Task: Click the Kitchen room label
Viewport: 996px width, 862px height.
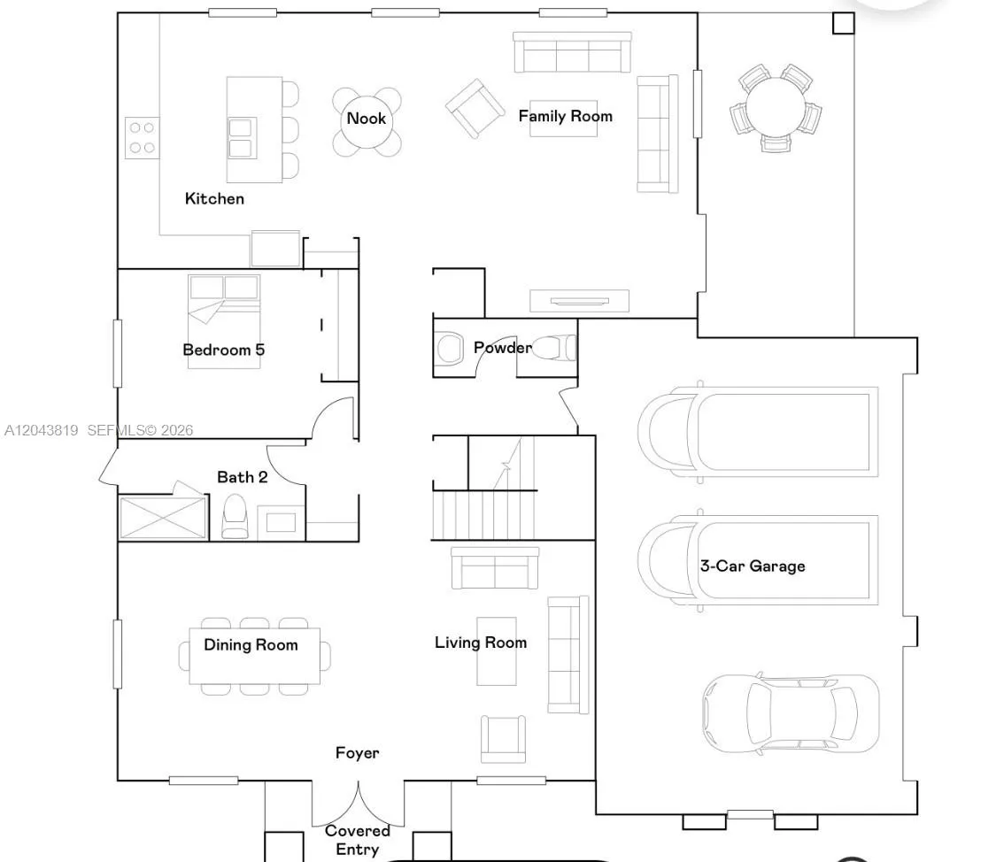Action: click(214, 198)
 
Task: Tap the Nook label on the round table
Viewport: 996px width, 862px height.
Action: click(367, 119)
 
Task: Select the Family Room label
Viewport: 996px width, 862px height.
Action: click(566, 116)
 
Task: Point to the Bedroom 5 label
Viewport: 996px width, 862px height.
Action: click(224, 350)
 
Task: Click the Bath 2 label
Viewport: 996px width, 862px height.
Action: click(242, 477)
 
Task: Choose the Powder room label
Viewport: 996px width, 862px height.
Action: click(503, 347)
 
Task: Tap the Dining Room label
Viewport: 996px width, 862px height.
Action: click(251, 645)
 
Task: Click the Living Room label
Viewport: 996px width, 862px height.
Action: click(481, 643)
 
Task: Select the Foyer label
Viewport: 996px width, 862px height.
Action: click(357, 753)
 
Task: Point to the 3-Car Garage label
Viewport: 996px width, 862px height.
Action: click(753, 566)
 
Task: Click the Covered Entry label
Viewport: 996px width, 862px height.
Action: click(358, 840)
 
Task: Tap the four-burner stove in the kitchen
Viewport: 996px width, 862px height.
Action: click(143, 138)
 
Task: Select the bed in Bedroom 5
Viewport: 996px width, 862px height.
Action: click(224, 320)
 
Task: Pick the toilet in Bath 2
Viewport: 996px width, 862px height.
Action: click(235, 517)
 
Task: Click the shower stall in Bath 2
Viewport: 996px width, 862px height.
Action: click(163, 518)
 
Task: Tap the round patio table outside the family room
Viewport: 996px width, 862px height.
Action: click(776, 107)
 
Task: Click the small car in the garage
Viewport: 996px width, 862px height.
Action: click(791, 713)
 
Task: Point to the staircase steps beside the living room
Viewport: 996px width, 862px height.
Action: click(483, 515)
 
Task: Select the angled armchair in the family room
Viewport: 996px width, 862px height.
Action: click(475, 108)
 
